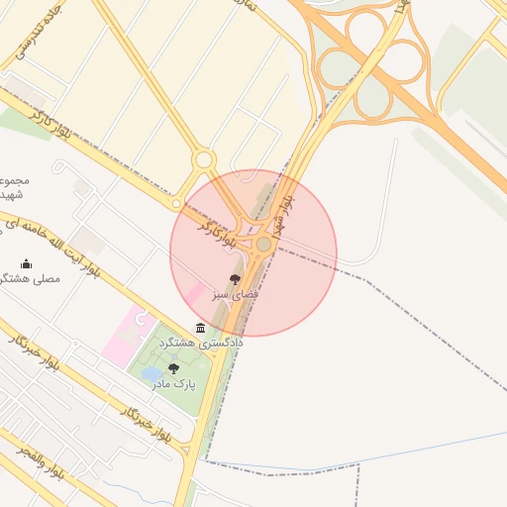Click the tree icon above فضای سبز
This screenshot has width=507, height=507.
[235, 280]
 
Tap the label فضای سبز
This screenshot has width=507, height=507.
[238, 295]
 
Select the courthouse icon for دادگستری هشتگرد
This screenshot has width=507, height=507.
[201, 328]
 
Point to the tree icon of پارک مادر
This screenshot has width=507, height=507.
[173, 368]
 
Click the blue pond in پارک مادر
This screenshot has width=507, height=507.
[152, 374]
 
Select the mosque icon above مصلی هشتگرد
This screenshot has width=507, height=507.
[26, 263]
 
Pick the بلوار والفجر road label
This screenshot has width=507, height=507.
[41, 464]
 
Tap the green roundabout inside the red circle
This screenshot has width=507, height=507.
[263, 244]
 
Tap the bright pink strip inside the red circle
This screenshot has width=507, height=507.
[193, 294]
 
